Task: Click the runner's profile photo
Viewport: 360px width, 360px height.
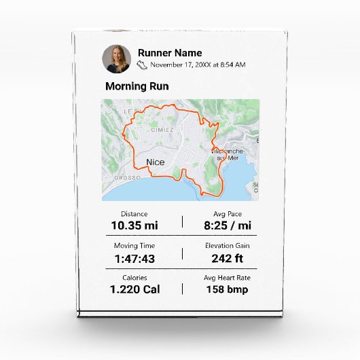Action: (117, 59)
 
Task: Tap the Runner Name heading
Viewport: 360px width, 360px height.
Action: (169, 53)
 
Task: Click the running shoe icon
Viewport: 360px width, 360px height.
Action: (143, 65)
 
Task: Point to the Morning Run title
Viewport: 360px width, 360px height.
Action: (137, 87)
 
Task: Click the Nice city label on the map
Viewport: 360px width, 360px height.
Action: (155, 162)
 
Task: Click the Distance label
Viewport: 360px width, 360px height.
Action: (134, 214)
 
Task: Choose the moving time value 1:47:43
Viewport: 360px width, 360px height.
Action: (134, 258)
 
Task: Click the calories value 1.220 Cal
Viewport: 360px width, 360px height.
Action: (134, 289)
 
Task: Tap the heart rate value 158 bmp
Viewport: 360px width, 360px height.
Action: (228, 289)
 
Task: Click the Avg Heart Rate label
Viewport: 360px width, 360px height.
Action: (228, 278)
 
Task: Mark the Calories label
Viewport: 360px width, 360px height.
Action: (134, 278)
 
